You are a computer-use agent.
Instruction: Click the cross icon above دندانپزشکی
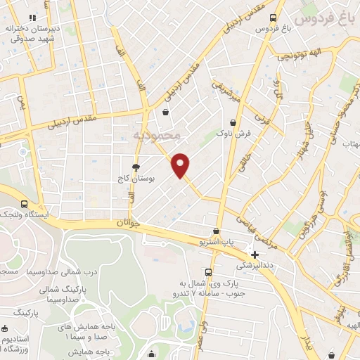[255, 254]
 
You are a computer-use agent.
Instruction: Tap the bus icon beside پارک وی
[208, 271]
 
